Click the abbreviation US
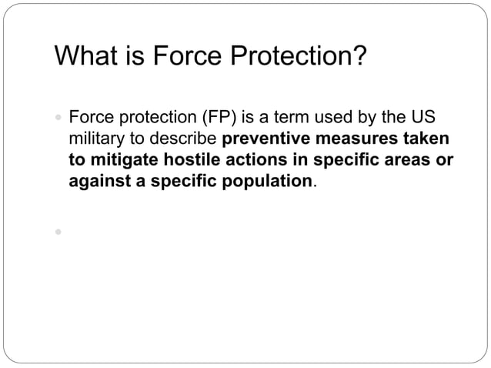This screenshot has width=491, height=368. pos(426,119)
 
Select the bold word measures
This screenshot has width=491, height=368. pos(359,141)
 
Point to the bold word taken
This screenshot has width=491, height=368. pos(427,141)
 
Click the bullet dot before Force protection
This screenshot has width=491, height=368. pos(58,120)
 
